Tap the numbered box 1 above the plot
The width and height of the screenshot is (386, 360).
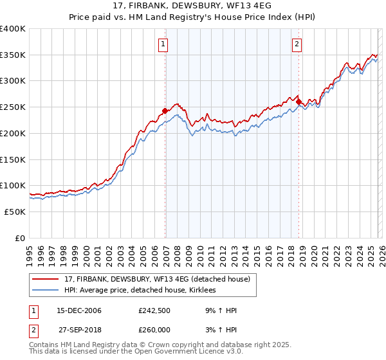163,44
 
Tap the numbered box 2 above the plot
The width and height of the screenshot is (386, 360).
297,44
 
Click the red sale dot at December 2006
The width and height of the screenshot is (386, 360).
165,111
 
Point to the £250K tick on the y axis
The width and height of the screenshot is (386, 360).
13,107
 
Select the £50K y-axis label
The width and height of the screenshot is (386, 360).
15,212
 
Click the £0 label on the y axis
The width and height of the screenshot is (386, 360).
21,238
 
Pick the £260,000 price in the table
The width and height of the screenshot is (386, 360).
154,330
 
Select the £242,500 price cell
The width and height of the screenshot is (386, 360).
154,310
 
